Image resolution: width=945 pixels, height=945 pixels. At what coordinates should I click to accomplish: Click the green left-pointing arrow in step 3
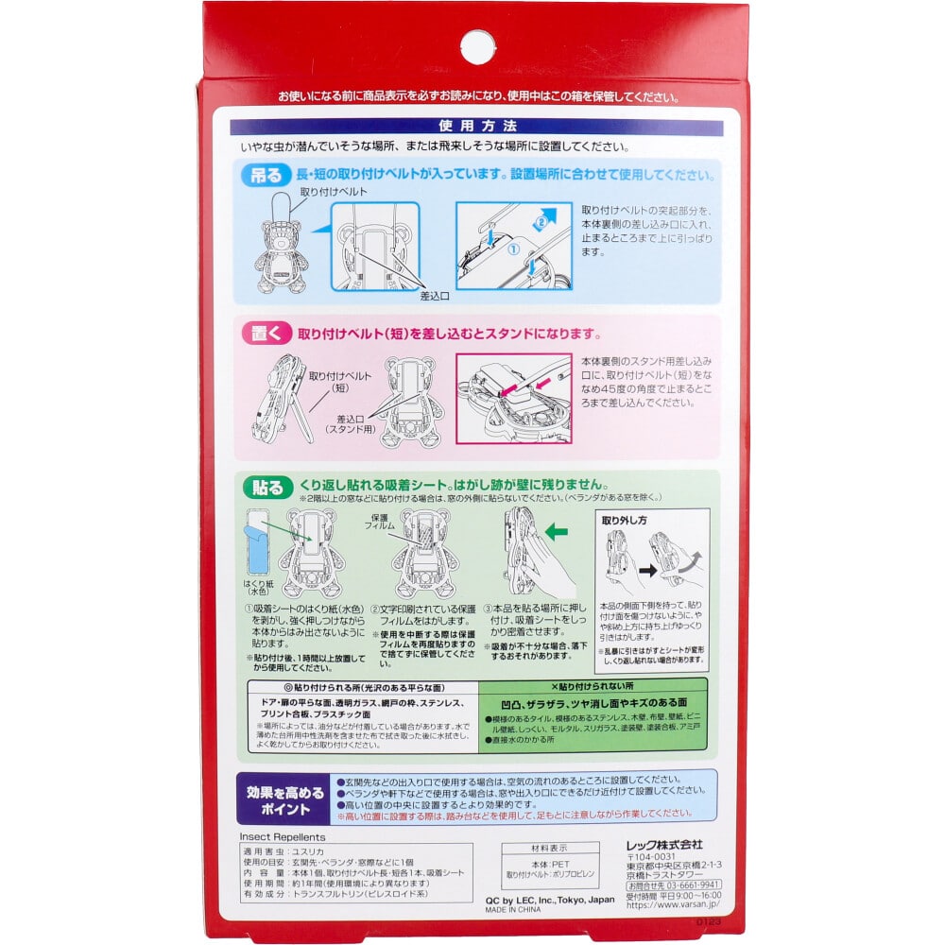(x=556, y=533)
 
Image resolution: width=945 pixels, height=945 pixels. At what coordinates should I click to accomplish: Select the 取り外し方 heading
(x=627, y=520)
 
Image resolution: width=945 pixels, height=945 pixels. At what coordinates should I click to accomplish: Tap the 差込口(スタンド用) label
(x=351, y=423)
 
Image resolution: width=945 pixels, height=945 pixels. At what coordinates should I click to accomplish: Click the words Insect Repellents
(x=282, y=837)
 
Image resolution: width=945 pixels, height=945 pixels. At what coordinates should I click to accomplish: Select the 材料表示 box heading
(x=550, y=849)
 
